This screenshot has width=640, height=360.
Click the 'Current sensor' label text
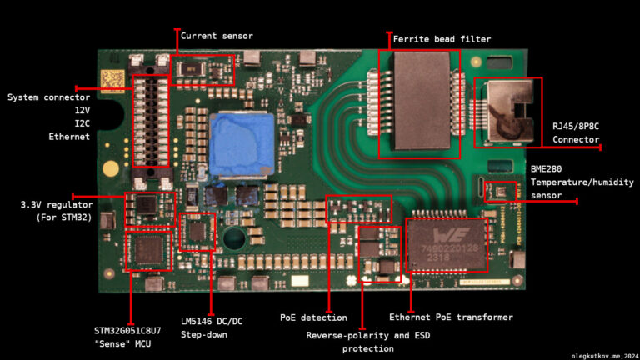click(217, 36)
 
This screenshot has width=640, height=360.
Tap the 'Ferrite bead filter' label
click(442, 39)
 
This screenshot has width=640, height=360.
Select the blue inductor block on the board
click(242, 145)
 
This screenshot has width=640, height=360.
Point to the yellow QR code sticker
click(112, 81)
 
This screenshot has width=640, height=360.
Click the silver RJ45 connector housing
click(510, 112)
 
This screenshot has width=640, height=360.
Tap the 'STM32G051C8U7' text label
click(127, 331)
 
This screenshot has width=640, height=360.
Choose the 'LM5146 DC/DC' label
click(212, 321)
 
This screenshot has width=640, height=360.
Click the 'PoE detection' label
click(313, 317)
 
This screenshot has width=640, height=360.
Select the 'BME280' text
click(546, 169)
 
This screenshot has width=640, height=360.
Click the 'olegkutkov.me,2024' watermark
click(605, 357)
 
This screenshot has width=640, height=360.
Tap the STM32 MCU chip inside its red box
click(148, 251)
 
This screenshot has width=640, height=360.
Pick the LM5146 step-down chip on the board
click(197, 232)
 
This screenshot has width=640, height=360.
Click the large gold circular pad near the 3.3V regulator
click(111, 168)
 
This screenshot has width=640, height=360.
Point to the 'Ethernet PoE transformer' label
click(451, 317)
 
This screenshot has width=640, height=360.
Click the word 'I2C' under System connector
click(82, 123)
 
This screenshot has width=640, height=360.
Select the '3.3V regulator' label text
click(57, 204)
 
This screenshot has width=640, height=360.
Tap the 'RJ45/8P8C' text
click(576, 126)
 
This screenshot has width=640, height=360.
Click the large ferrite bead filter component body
click(422, 100)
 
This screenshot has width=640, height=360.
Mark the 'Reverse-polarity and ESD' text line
click(368, 336)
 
